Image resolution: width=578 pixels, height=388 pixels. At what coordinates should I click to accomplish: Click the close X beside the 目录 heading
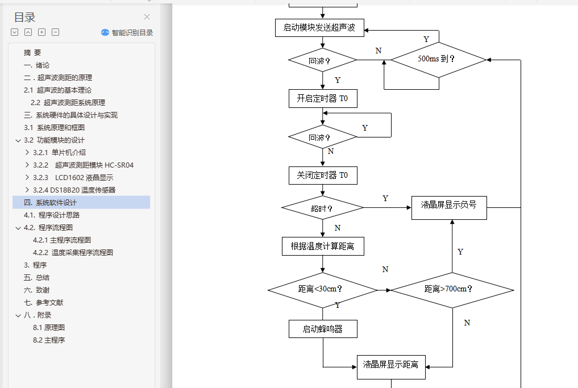pos(147,17)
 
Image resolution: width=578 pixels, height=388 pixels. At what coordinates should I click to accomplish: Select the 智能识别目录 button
pos(127,33)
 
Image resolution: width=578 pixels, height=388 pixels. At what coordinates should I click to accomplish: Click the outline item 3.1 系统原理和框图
pos(54,128)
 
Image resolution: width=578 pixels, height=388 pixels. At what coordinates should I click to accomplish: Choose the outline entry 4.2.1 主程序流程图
pos(61,240)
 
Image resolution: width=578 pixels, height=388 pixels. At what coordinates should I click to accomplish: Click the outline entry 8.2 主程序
pos(49,340)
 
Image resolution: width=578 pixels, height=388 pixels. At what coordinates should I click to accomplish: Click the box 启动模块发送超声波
pos(323,28)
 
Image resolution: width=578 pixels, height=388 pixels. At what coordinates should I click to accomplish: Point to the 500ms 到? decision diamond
pos(439,59)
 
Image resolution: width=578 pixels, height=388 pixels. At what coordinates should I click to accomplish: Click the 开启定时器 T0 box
pos(323,98)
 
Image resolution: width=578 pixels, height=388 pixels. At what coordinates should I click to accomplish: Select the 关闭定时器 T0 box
pos(323,176)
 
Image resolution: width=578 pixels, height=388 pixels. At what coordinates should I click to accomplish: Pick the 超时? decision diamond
pos(322,208)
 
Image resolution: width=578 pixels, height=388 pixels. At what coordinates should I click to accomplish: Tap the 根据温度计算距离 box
pos(323,246)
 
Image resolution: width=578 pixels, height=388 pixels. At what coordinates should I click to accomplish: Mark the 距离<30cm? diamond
pos(322,290)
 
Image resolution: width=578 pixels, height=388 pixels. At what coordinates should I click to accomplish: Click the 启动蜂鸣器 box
pos(323,329)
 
